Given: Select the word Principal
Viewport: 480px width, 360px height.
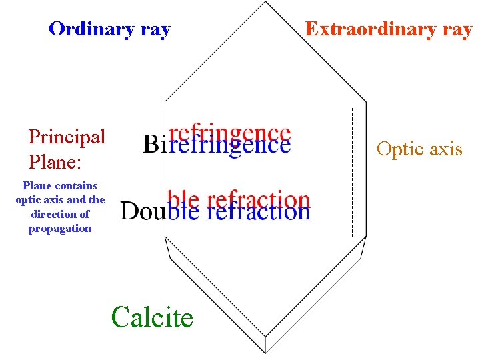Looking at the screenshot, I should coord(67,137).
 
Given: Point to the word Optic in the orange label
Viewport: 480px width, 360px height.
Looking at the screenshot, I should coord(398,149).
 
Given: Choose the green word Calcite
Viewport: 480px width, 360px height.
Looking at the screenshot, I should coord(153,317).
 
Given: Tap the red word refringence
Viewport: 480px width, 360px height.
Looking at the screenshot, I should coord(231,133).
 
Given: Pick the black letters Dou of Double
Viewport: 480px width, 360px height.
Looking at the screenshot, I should coord(141,211).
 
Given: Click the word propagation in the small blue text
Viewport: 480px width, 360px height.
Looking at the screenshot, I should coord(60,229).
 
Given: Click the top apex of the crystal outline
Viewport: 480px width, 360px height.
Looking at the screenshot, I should coord(266,2).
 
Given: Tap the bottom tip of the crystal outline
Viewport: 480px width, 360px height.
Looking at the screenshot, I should coord(266,352).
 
